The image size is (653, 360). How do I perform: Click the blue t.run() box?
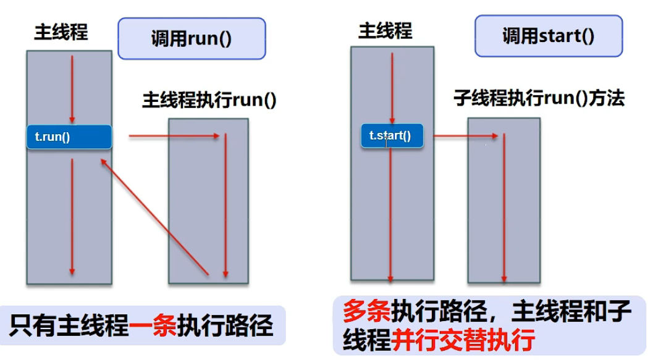click(x=69, y=137)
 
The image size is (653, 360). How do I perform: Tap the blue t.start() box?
click(x=392, y=136)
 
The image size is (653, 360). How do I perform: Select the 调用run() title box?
click(x=192, y=38)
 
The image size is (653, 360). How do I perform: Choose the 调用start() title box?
click(x=548, y=36)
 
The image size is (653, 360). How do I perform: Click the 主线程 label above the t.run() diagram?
click(x=61, y=33)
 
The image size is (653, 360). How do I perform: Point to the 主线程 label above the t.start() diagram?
click(x=385, y=31)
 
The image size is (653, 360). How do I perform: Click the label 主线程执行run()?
click(x=209, y=100)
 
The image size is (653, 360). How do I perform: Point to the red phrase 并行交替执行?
click(x=463, y=340)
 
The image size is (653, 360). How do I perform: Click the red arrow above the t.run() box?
click(x=72, y=90)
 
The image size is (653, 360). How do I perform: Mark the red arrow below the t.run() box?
click(x=72, y=216)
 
